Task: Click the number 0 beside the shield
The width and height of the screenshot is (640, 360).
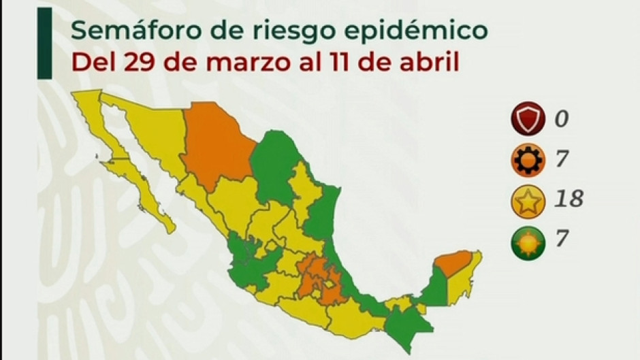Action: [560, 120]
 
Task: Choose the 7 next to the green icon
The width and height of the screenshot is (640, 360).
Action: [560, 240]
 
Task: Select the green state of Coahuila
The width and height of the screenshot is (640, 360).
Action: [275, 164]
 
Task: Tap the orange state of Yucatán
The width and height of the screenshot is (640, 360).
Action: [453, 262]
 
